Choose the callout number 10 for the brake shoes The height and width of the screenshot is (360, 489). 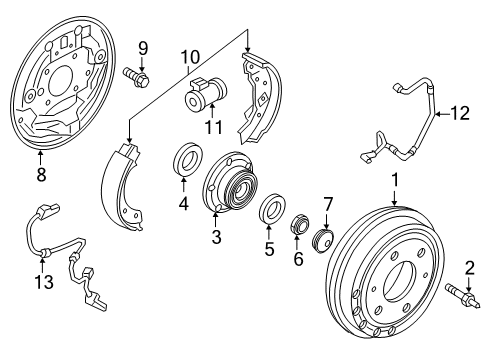[x=190, y=60]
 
